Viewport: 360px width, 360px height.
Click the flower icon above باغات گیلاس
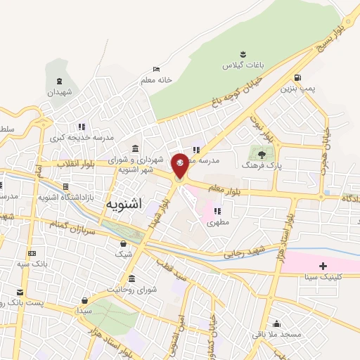tap(243, 53)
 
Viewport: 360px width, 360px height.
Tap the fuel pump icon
tap(300, 77)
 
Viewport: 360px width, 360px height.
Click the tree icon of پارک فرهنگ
tap(262, 154)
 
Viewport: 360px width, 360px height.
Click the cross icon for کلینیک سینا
tap(323, 266)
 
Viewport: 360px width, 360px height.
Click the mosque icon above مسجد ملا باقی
tap(277, 324)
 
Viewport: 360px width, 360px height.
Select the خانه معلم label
tap(155, 80)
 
